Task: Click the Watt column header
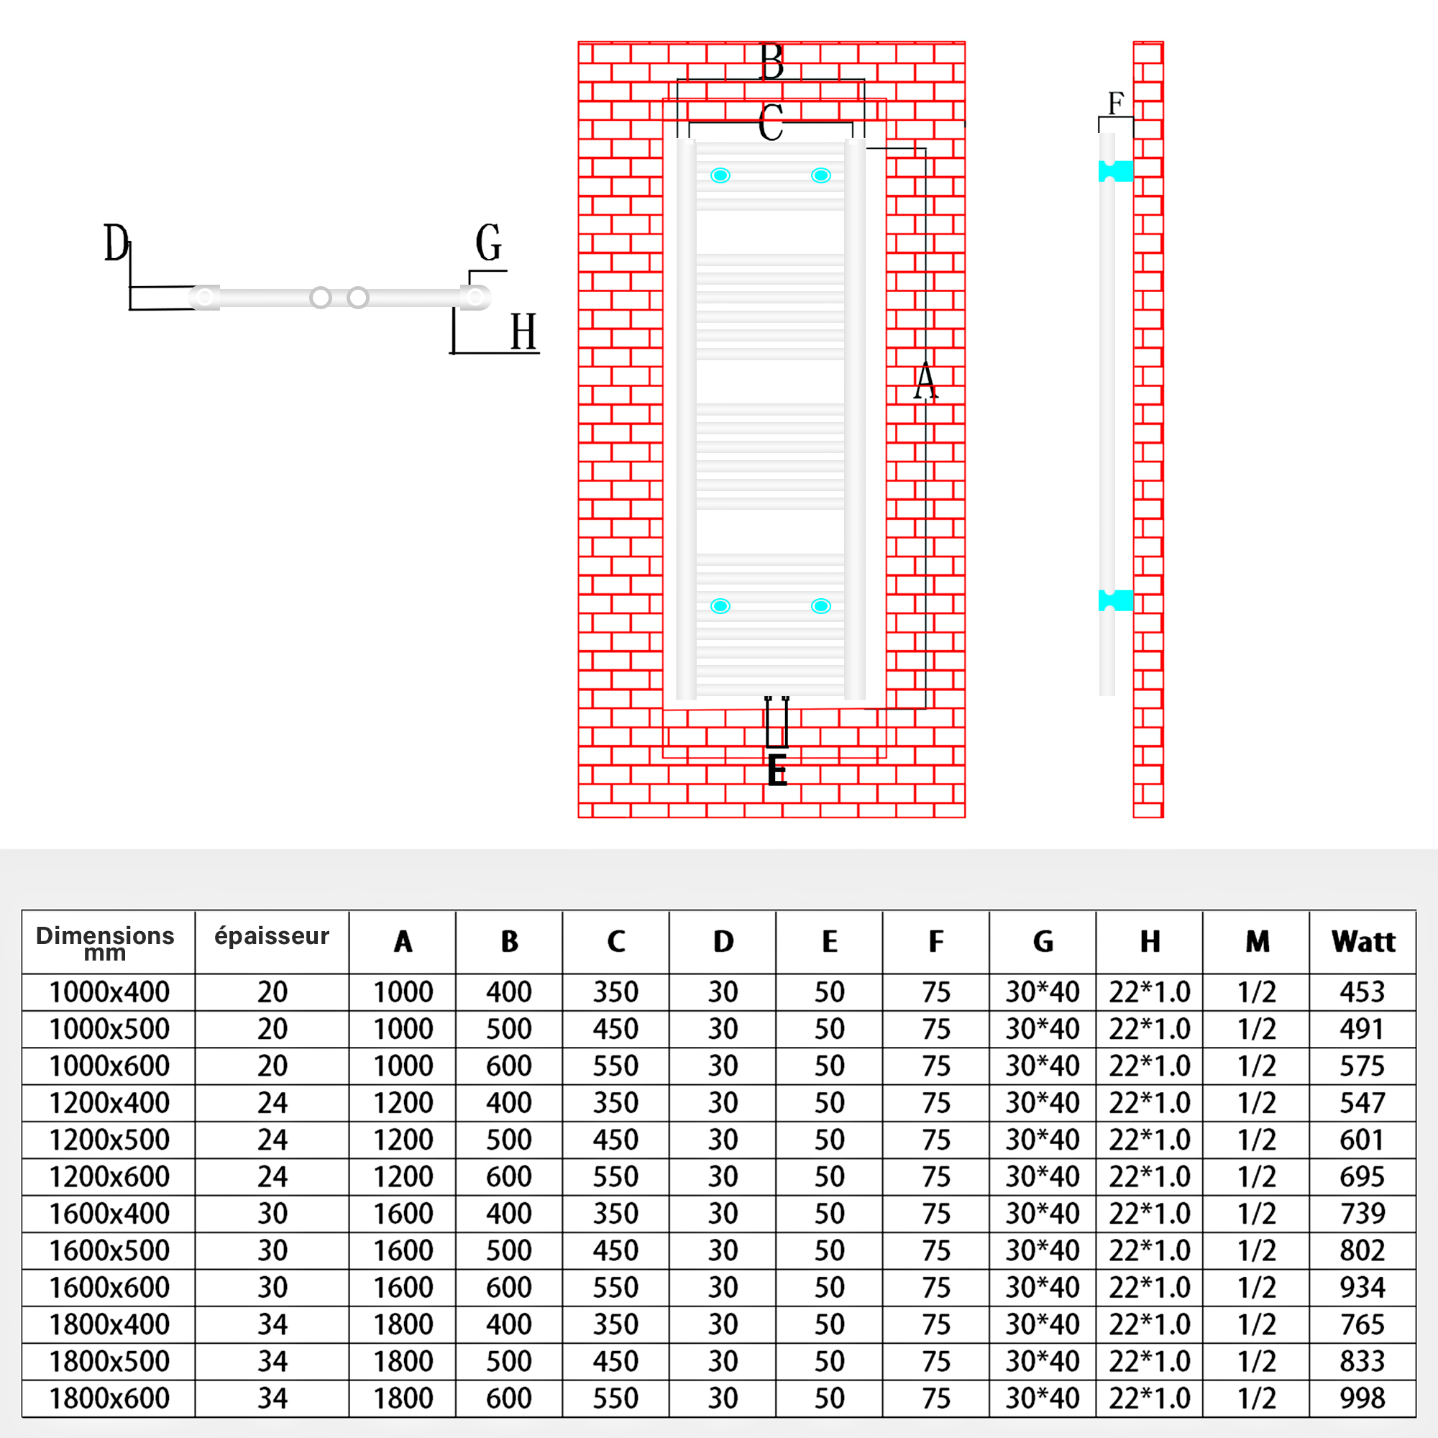click(x=1363, y=942)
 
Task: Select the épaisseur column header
click(x=272, y=936)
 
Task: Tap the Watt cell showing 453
click(x=1362, y=992)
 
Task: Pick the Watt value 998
click(x=1362, y=1398)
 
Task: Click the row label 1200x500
click(x=109, y=1140)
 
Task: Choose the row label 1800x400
click(x=109, y=1325)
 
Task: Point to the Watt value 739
click(x=1362, y=1214)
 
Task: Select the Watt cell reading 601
click(x=1362, y=1140)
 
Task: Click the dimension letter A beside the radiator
click(x=925, y=382)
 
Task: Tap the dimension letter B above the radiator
click(x=771, y=62)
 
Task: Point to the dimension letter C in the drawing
click(x=771, y=123)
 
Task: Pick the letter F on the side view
click(x=1115, y=104)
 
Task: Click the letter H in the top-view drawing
click(x=523, y=332)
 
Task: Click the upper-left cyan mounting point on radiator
click(x=720, y=175)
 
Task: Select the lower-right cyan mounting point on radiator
click(x=821, y=607)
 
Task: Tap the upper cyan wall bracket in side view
click(x=1116, y=171)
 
